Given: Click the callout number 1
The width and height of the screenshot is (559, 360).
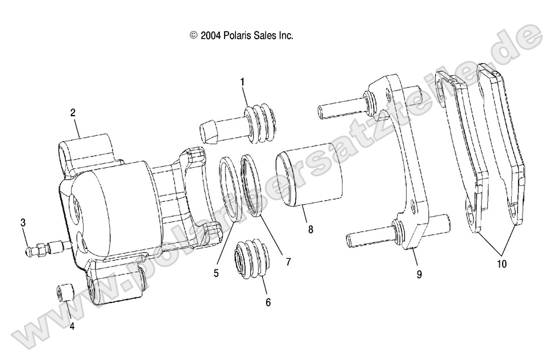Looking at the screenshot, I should pos(243,82).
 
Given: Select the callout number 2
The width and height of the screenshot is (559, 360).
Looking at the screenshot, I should pos(73,113).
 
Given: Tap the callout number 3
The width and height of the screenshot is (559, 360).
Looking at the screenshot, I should pos(23,222).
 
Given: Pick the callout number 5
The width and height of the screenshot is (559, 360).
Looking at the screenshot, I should pos(216,273).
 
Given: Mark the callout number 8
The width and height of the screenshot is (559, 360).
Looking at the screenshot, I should pos(310,229).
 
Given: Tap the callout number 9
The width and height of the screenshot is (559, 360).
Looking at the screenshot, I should pos(419,274).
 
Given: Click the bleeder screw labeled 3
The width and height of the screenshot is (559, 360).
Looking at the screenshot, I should pos(48,248).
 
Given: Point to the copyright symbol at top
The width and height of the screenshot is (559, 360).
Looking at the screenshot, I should pos(193,35).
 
